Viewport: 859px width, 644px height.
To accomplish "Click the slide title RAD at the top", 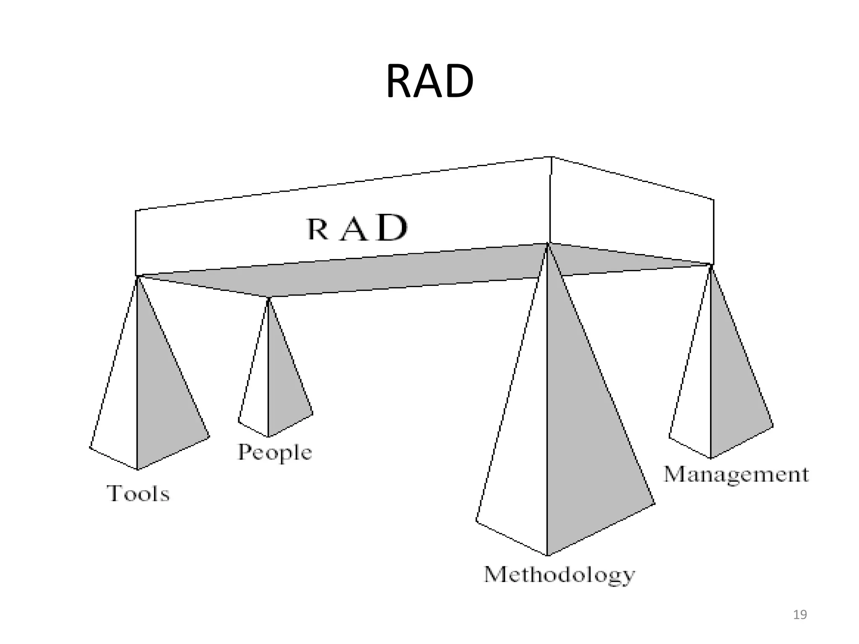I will [x=429, y=82].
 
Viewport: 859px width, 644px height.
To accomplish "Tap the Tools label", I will [x=138, y=493].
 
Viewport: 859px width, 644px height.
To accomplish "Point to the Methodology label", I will [x=559, y=575].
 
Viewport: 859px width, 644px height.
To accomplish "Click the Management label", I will [x=736, y=475].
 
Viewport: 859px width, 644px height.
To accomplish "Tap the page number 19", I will [x=800, y=615].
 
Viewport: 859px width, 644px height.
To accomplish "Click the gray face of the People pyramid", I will [x=285, y=390].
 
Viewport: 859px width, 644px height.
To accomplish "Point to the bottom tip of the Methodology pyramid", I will [x=547, y=555].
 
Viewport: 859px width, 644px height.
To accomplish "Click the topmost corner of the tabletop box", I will [x=551, y=157].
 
